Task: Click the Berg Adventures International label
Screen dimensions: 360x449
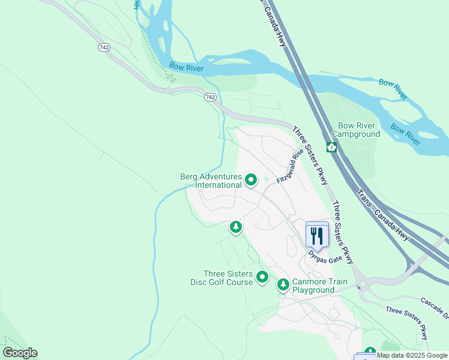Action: click(x=211, y=181)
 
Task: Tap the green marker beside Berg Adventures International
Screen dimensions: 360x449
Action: click(x=252, y=179)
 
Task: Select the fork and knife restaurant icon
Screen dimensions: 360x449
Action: click(x=317, y=235)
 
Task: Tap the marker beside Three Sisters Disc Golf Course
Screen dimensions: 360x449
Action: click(x=262, y=277)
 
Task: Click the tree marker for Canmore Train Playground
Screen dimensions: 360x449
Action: click(x=283, y=285)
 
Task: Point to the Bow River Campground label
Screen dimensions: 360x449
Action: click(x=357, y=130)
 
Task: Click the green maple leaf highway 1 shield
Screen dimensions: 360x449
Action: click(x=331, y=147)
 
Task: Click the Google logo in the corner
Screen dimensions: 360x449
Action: click(x=20, y=353)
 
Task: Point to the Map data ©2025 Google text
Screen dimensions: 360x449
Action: click(x=412, y=356)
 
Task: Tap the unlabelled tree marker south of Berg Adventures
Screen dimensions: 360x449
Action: click(x=236, y=227)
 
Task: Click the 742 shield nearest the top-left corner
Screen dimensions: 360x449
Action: click(x=104, y=47)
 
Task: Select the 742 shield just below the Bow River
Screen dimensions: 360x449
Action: click(x=209, y=97)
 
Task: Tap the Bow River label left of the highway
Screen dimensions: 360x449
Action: click(x=186, y=67)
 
